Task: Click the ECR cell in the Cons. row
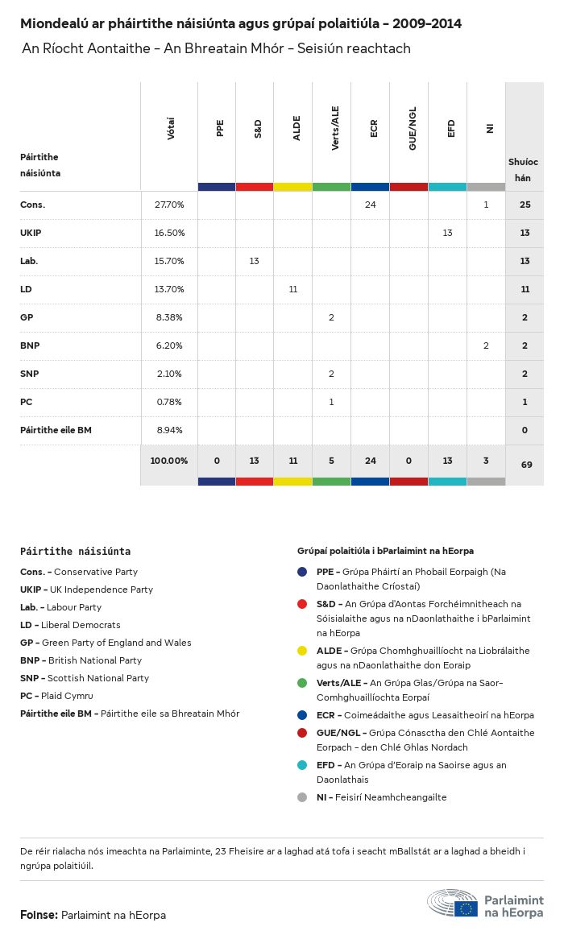[371, 205]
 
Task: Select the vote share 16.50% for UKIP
[169, 233]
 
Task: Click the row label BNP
[31, 345]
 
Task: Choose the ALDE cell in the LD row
[293, 289]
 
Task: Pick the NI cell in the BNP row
[486, 345]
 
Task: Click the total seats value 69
[525, 464]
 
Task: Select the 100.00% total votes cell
[169, 461]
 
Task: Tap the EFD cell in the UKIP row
[447, 233]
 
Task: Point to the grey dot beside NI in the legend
[302, 797]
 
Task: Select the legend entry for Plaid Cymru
[56, 696]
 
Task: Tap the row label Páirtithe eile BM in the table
[56, 430]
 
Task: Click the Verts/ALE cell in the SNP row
[331, 374]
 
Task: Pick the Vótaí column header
[171, 129]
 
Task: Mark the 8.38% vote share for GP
[169, 317]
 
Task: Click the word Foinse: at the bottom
[39, 915]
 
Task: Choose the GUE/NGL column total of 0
[409, 461]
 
